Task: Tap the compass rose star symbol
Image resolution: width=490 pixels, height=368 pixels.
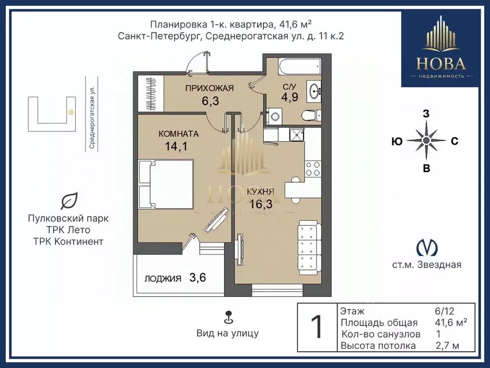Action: pyautogui.click(x=426, y=141)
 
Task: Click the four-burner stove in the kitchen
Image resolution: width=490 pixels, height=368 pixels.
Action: pyautogui.click(x=313, y=168)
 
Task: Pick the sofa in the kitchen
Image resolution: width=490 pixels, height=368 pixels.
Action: pyautogui.click(x=307, y=245)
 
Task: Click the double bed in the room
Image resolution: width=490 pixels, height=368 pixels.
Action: pyautogui.click(x=165, y=185)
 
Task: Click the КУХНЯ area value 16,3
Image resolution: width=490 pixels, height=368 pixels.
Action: pyautogui.click(x=261, y=204)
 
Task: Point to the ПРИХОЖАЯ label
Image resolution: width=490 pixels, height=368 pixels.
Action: pyautogui.click(x=209, y=88)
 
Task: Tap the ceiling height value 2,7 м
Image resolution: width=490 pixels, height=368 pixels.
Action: pyautogui.click(x=447, y=345)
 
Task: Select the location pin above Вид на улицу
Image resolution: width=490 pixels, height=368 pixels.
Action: pyautogui.click(x=228, y=317)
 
